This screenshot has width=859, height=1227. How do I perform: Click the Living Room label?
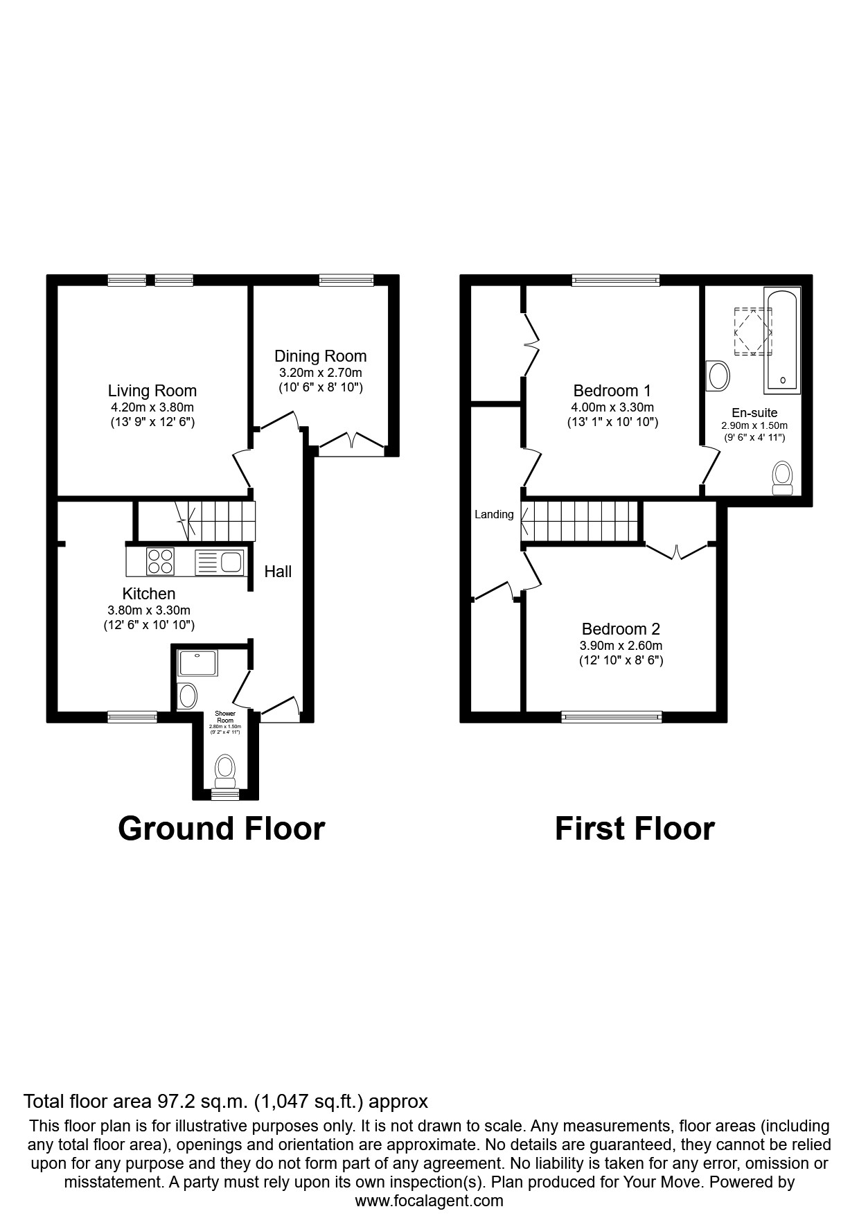tap(152, 391)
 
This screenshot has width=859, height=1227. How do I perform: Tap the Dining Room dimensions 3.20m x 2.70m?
tap(320, 373)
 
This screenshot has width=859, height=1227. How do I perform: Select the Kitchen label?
tap(148, 594)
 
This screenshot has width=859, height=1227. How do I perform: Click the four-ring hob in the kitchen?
tap(161, 561)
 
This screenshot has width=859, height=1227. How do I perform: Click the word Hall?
tap(278, 572)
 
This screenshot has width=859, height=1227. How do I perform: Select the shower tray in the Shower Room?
tap(198, 663)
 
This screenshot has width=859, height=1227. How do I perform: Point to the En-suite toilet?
tap(783, 478)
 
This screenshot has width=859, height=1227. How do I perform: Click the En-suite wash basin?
tap(718, 377)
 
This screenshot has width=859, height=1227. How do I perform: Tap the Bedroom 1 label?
tap(612, 391)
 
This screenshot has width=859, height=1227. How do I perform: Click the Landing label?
tap(494, 514)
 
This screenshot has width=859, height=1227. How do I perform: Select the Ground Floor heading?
tap(221, 829)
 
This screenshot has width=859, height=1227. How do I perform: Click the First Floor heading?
tap(634, 829)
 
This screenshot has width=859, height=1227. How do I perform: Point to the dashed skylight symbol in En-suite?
tap(752, 332)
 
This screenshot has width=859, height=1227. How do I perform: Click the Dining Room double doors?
tap(353, 442)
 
